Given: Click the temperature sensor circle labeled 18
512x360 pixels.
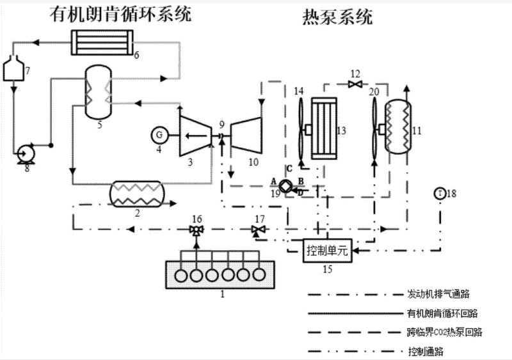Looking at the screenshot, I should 440,192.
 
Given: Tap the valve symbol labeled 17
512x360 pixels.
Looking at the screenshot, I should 259,230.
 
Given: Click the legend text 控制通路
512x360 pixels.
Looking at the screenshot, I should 426,351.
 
